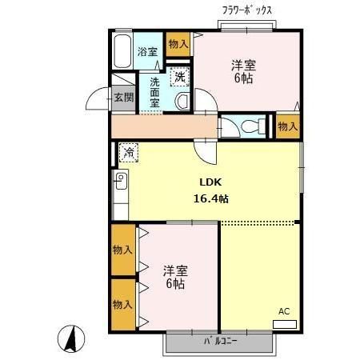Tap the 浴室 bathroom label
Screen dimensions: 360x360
[147, 52]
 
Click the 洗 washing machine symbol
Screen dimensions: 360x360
[180, 78]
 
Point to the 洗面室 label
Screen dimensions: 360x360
[154, 91]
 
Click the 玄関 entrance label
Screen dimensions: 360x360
[123, 98]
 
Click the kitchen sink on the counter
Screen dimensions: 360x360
[121, 180]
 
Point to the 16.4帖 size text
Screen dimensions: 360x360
[210, 198]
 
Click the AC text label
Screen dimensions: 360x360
[284, 310]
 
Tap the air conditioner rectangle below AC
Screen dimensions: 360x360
[284, 324]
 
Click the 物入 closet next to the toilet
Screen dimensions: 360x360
[287, 126]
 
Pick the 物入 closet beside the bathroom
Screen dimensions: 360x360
[178, 44]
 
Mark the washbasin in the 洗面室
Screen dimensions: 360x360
[182, 102]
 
